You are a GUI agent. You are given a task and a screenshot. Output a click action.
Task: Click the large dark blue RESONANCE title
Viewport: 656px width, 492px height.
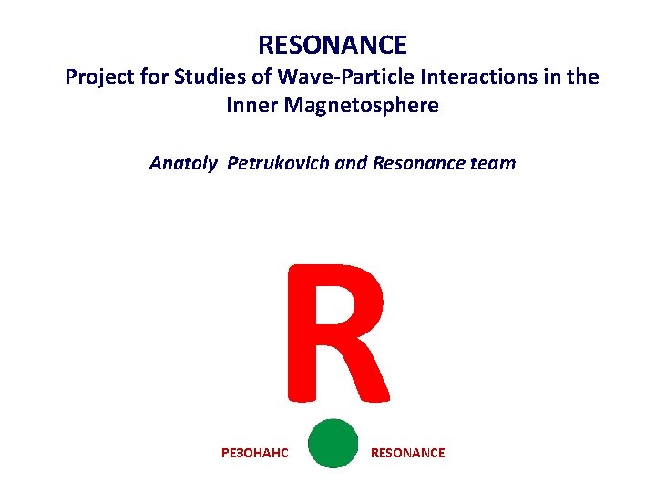[332, 45]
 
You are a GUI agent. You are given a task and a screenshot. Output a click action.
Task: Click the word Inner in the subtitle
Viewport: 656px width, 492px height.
[252, 106]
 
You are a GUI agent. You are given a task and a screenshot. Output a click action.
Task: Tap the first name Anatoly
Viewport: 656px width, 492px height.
[183, 164]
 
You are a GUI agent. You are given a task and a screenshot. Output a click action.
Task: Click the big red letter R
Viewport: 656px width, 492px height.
[337, 333]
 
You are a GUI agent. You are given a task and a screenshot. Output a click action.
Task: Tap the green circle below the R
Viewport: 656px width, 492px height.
[333, 444]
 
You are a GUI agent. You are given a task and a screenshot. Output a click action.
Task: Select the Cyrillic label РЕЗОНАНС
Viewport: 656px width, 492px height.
[254, 453]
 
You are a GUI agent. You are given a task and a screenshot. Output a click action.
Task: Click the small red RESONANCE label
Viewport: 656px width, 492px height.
[407, 453]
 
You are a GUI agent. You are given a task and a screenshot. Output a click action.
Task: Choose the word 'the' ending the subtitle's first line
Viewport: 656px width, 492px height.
[583, 77]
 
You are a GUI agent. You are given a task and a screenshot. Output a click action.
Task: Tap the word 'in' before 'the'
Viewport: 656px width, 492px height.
[551, 77]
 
